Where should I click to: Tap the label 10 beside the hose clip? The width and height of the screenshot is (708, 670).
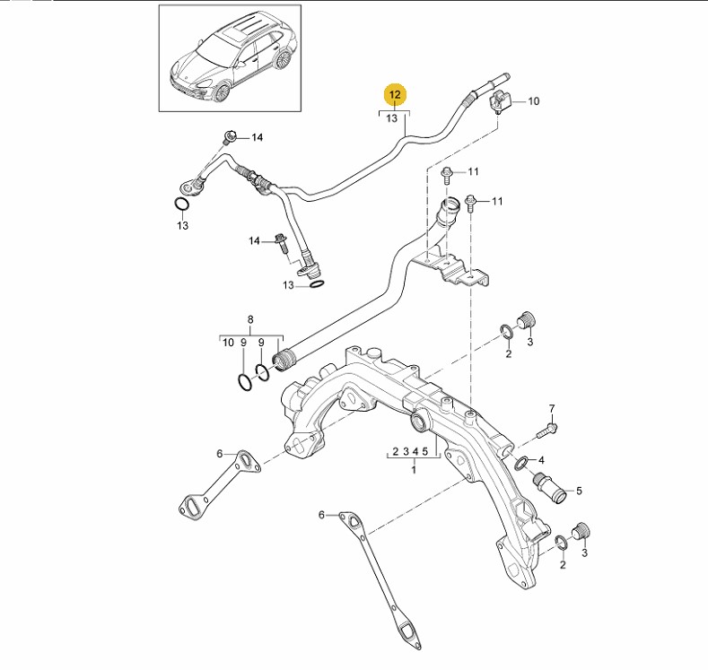533,101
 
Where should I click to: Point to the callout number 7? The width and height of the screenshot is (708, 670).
552,408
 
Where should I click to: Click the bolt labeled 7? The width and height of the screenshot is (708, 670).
548,429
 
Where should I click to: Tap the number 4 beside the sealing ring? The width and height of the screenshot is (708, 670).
540,459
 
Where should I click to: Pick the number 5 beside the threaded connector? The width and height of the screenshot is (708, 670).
579,490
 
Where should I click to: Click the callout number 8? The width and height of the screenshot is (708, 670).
250,319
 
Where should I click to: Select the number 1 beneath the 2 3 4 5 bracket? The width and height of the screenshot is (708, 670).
414,469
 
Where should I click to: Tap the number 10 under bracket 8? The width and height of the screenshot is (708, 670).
228,343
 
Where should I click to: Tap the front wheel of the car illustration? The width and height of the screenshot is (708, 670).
218,91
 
